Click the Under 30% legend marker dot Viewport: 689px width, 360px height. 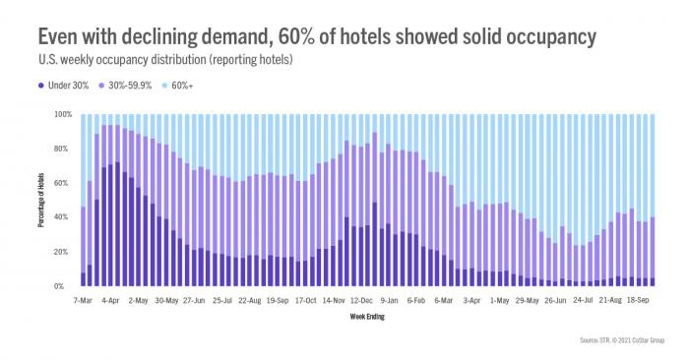click(x=41, y=86)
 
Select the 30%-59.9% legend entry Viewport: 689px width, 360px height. click(x=136, y=86)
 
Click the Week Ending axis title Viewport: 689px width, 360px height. click(x=367, y=317)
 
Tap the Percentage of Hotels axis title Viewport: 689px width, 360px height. click(x=44, y=201)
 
